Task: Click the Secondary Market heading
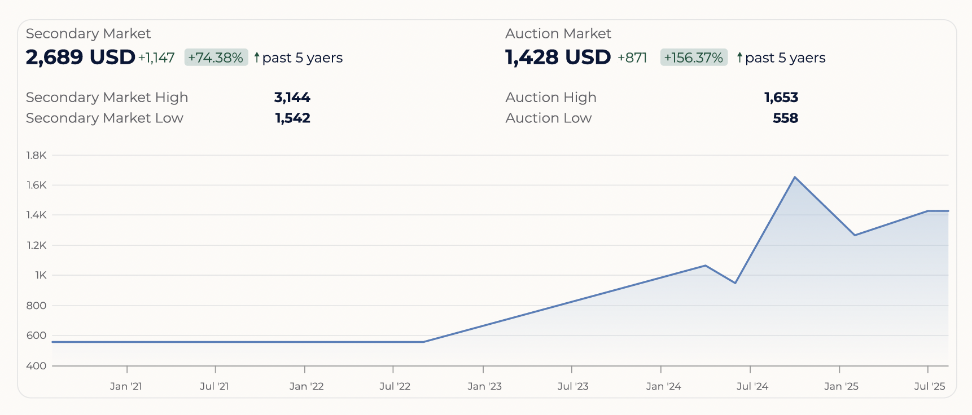point(88,34)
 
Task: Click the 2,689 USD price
point(80,58)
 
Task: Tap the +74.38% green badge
point(216,58)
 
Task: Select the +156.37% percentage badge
point(693,58)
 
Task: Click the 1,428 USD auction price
point(558,58)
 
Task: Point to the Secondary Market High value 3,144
point(292,98)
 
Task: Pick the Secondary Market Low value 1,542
point(292,118)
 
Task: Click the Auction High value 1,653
point(781,98)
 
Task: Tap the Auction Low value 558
point(785,118)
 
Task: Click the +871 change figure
point(632,58)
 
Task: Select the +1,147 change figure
point(156,58)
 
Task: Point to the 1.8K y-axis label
point(36,156)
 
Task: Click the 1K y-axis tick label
point(41,276)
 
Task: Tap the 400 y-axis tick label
point(36,366)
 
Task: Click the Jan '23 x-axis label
point(484,386)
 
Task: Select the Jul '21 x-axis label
point(214,386)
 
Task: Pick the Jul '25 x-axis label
point(929,386)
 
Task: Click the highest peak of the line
point(795,178)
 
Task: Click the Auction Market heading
point(558,34)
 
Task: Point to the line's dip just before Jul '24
point(735,282)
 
